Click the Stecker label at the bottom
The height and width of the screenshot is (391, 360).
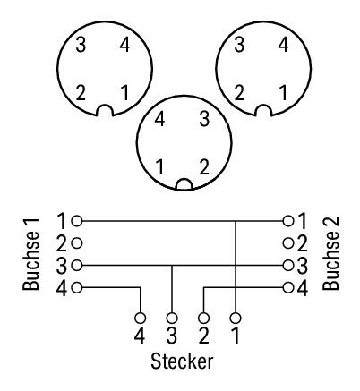pos(182,361)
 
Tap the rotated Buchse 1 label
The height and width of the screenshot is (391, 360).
pos(30,254)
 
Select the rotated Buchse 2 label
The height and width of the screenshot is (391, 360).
pos(331,253)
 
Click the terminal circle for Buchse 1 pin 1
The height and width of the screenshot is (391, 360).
pos(77,221)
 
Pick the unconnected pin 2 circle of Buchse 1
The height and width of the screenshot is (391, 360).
pos(77,243)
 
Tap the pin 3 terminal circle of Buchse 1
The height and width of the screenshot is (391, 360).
pos(77,265)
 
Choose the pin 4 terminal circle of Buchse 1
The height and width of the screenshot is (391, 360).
pos(77,287)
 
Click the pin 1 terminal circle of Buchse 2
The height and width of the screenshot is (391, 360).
pos(288,221)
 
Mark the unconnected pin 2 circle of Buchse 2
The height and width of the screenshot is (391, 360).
pos(288,243)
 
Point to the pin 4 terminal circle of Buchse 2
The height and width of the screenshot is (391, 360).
pos(288,287)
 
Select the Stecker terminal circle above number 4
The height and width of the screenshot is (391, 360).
pos(140,318)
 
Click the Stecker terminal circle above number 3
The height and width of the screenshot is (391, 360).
pos(172,318)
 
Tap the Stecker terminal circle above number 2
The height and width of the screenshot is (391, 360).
pos(203,318)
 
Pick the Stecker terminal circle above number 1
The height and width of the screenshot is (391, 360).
pos(236,318)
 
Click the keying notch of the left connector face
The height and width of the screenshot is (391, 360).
pos(106,106)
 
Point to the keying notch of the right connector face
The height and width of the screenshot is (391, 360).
pos(264,106)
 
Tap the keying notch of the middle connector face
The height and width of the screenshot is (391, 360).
pos(184,180)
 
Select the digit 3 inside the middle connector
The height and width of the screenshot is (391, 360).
pos(204,119)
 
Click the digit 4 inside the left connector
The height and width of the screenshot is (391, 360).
pos(124,45)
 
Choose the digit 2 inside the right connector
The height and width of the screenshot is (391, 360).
pos(239,92)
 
